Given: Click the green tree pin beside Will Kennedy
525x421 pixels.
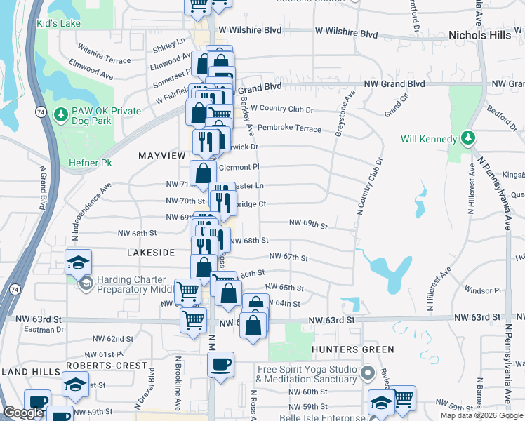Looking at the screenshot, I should [467, 138].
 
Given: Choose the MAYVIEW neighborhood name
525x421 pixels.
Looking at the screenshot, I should [161, 155].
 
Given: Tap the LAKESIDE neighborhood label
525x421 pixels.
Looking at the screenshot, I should [150, 251].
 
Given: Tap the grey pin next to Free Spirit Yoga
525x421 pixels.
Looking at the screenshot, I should [366, 372].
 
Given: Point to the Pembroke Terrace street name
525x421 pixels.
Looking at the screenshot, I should [289, 128].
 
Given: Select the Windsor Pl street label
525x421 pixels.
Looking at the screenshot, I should [481, 290].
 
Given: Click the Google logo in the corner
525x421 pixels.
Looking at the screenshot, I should [24, 413].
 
